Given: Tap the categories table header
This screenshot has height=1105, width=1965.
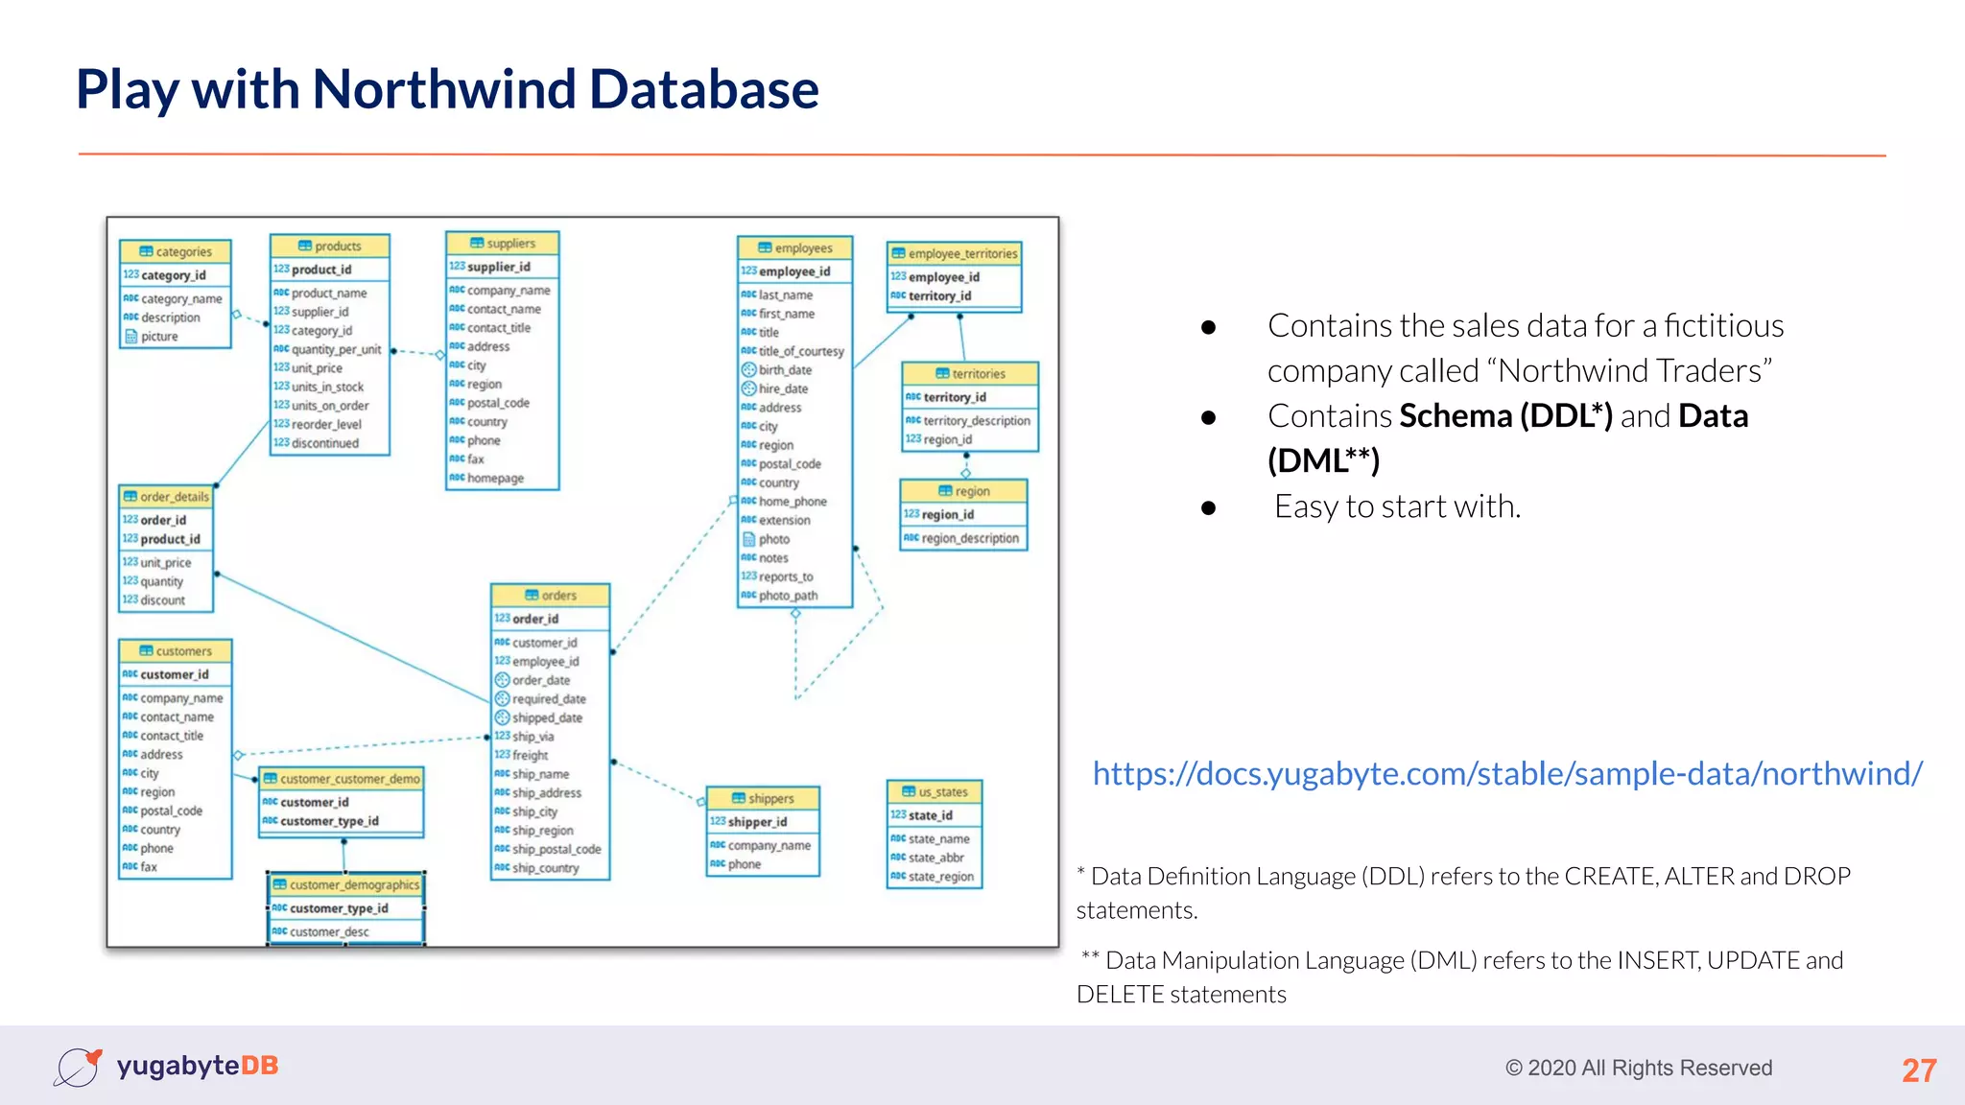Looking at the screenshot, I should tap(176, 251).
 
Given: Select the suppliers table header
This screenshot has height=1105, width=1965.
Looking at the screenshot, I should tap(503, 244).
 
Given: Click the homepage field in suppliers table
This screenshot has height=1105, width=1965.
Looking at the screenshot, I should tap(495, 478).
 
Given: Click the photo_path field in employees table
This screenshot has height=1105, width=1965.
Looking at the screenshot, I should tap(788, 596).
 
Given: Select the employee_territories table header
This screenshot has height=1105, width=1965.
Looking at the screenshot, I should tap(955, 253).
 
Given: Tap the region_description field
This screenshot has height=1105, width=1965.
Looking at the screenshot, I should tap(969, 538).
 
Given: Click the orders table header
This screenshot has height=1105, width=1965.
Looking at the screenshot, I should tap(551, 596).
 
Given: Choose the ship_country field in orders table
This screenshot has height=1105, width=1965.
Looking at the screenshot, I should tap(545, 868).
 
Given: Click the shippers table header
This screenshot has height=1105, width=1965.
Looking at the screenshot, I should tap(763, 798).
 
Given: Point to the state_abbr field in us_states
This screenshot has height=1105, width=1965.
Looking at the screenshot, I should tap(935, 858).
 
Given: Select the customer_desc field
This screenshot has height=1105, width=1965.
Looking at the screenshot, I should tap(329, 931).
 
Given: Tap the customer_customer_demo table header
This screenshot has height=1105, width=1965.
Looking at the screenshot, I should tap(343, 779).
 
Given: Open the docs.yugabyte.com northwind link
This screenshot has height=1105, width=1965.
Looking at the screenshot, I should tap(1507, 773).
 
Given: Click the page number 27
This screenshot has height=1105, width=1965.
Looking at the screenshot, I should tap(1919, 1070).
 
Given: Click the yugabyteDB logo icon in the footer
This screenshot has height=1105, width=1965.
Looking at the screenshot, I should tap(78, 1067).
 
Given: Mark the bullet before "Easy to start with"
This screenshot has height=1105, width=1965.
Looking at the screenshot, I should tap(1208, 508).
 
